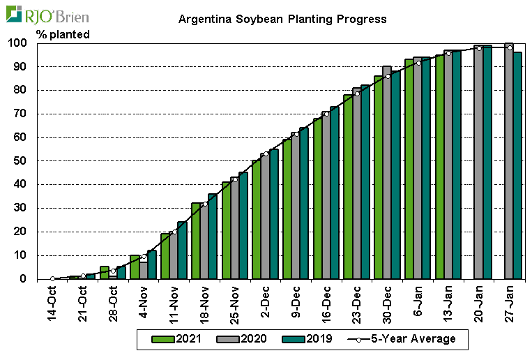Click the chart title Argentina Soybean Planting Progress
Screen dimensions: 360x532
[x=282, y=19]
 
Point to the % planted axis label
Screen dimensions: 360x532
[x=63, y=34]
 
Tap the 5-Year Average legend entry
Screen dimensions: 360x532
[x=408, y=339]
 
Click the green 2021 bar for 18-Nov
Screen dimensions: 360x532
[x=196, y=241]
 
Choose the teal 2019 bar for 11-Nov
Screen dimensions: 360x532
[x=182, y=250]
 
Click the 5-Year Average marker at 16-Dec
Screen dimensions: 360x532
[x=326, y=114]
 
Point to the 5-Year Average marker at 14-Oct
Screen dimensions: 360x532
[x=52, y=278]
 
